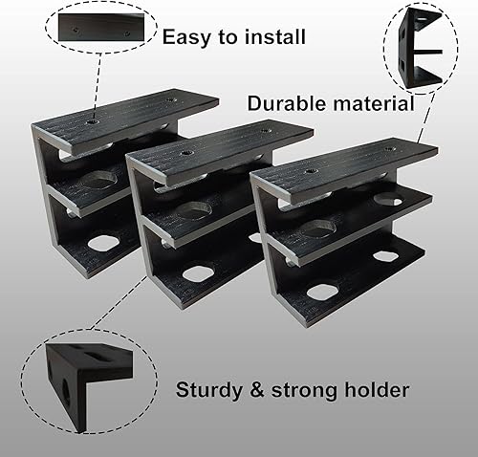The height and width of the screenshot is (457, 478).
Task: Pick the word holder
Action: pos(378,390)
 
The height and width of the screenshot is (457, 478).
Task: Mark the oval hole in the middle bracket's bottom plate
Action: pos(198,274)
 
